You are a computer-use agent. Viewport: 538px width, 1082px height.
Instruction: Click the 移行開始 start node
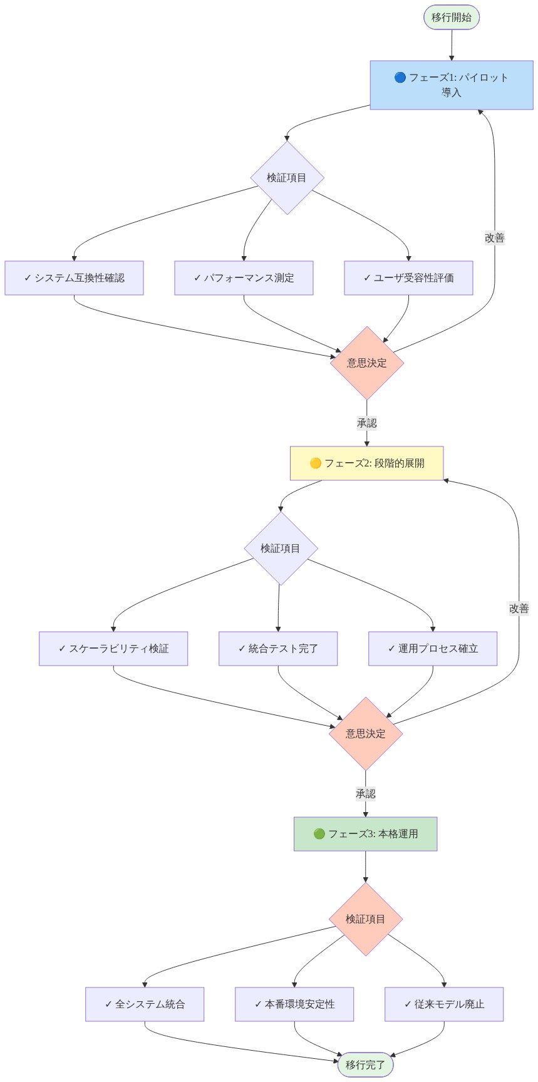pyautogui.click(x=451, y=18)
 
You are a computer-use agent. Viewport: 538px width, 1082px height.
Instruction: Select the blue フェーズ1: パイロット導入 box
pyautogui.click(x=451, y=85)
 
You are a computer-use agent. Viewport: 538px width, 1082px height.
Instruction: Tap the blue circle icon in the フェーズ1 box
pyautogui.click(x=400, y=78)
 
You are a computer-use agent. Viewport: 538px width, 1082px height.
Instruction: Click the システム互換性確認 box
pyautogui.click(x=74, y=278)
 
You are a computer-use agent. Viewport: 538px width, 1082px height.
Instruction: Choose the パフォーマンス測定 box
pyautogui.click(x=244, y=278)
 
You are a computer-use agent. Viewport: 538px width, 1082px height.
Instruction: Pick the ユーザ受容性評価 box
pyautogui.click(x=408, y=278)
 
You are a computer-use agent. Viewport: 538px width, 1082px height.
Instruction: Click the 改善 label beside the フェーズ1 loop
pyautogui.click(x=494, y=238)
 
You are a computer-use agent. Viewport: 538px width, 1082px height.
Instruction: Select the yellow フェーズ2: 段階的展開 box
pyautogui.click(x=366, y=463)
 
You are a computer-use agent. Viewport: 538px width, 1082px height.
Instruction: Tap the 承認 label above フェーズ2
pyautogui.click(x=366, y=423)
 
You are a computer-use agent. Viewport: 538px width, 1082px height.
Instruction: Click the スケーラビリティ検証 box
pyautogui.click(x=113, y=649)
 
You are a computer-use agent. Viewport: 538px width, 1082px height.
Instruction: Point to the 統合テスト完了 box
pyautogui.click(x=278, y=649)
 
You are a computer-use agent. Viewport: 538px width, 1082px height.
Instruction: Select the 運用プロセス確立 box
pyautogui.click(x=433, y=649)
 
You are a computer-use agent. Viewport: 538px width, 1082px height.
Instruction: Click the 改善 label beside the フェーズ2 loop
pyautogui.click(x=519, y=609)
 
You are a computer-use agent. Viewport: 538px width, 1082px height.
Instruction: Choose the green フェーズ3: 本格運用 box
pyautogui.click(x=365, y=834)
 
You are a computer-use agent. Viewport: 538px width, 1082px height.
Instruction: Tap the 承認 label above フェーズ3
pyautogui.click(x=365, y=794)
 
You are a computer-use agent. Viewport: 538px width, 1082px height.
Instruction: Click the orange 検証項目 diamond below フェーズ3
pyautogui.click(x=365, y=919)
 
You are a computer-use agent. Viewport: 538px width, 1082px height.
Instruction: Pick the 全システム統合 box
pyautogui.click(x=145, y=1004)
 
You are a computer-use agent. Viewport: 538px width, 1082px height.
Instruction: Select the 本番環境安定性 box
pyautogui.click(x=294, y=1004)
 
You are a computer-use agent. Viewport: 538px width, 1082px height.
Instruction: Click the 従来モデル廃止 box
pyautogui.click(x=444, y=1004)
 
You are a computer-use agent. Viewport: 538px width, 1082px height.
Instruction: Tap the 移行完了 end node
pyautogui.click(x=365, y=1064)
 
